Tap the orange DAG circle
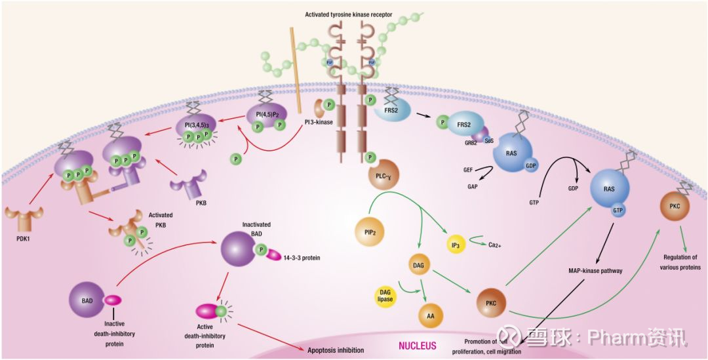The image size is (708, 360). pyautogui.click(x=419, y=265)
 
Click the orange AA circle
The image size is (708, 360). pyautogui.click(x=431, y=315)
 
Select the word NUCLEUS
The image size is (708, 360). pyautogui.click(x=417, y=345)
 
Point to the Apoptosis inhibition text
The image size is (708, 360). pyautogui.click(x=332, y=350)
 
